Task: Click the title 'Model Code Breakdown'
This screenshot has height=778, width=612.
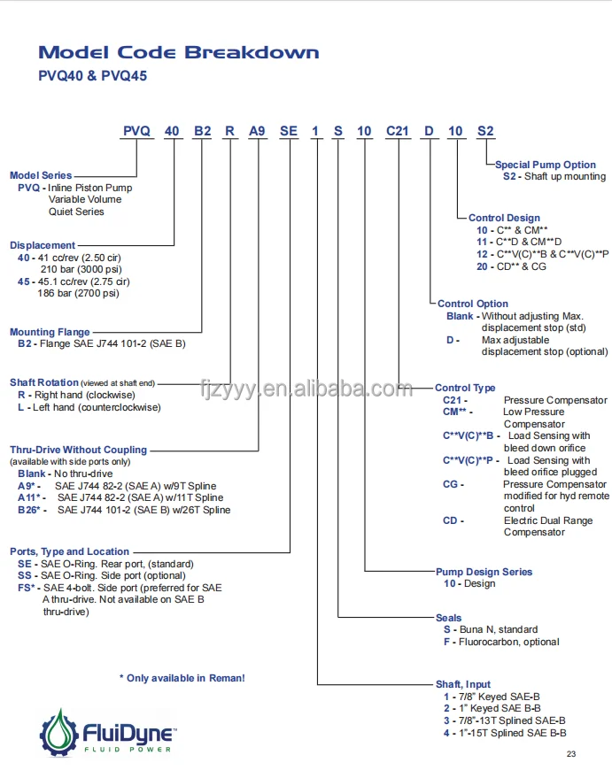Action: (179, 53)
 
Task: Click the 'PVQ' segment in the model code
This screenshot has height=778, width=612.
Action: (136, 132)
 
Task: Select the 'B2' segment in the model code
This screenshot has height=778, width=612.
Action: (202, 132)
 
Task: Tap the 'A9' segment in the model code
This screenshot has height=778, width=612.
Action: (257, 132)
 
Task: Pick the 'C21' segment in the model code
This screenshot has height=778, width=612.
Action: (396, 132)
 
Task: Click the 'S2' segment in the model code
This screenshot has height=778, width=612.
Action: (485, 132)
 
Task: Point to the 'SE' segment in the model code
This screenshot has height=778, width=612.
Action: (289, 132)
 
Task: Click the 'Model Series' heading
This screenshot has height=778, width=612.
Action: (41, 175)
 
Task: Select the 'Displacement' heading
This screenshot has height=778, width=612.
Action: (43, 245)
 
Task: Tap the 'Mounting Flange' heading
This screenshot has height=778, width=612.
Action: (50, 332)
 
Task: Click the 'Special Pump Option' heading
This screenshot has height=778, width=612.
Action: (546, 165)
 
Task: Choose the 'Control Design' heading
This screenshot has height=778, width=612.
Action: (504, 218)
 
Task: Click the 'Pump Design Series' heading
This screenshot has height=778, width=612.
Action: (484, 572)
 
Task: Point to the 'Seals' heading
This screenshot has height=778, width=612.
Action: (449, 618)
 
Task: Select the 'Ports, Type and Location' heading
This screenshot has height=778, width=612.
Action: (69, 551)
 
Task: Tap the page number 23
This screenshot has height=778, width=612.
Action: (570, 753)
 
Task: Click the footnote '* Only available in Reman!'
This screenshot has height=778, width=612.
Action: (182, 678)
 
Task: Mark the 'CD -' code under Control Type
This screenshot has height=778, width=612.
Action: (451, 520)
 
